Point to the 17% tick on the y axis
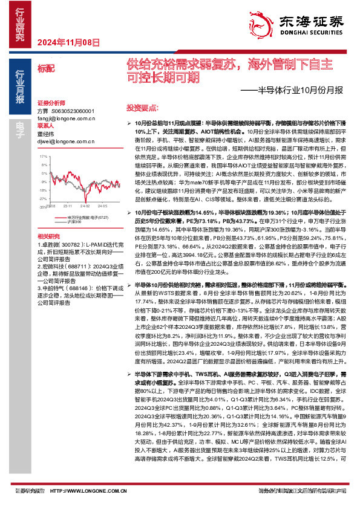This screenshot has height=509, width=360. point(42,155)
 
